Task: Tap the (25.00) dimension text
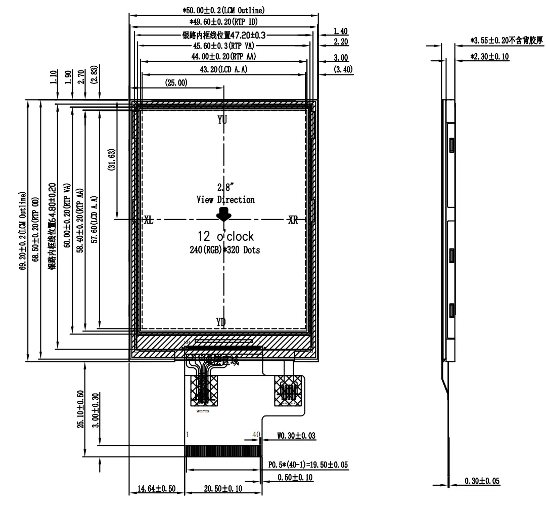coord(176,82)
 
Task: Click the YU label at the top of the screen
coord(222,120)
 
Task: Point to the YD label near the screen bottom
coord(221,322)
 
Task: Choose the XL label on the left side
coord(149,220)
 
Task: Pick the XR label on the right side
coord(293,220)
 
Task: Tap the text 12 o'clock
coord(225,236)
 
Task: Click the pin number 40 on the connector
coord(256,435)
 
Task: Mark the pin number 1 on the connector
coord(188,435)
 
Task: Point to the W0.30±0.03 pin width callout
coord(299,435)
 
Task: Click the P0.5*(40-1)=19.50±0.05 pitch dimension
coord(308,464)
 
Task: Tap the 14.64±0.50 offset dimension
coord(156,489)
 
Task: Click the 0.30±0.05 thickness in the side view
coord(482,481)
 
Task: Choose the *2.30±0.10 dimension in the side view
coord(489,57)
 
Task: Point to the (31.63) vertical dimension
coord(112,160)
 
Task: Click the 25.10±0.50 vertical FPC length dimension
coord(80,409)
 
